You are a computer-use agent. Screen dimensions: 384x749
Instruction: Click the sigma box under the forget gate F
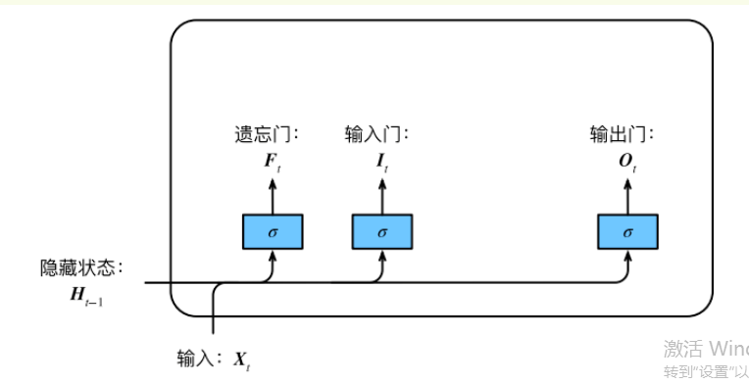273,231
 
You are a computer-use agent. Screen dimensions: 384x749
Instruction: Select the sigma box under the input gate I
382,231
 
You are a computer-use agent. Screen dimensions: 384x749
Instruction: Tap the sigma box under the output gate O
627,231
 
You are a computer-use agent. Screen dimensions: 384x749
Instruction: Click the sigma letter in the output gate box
627,232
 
